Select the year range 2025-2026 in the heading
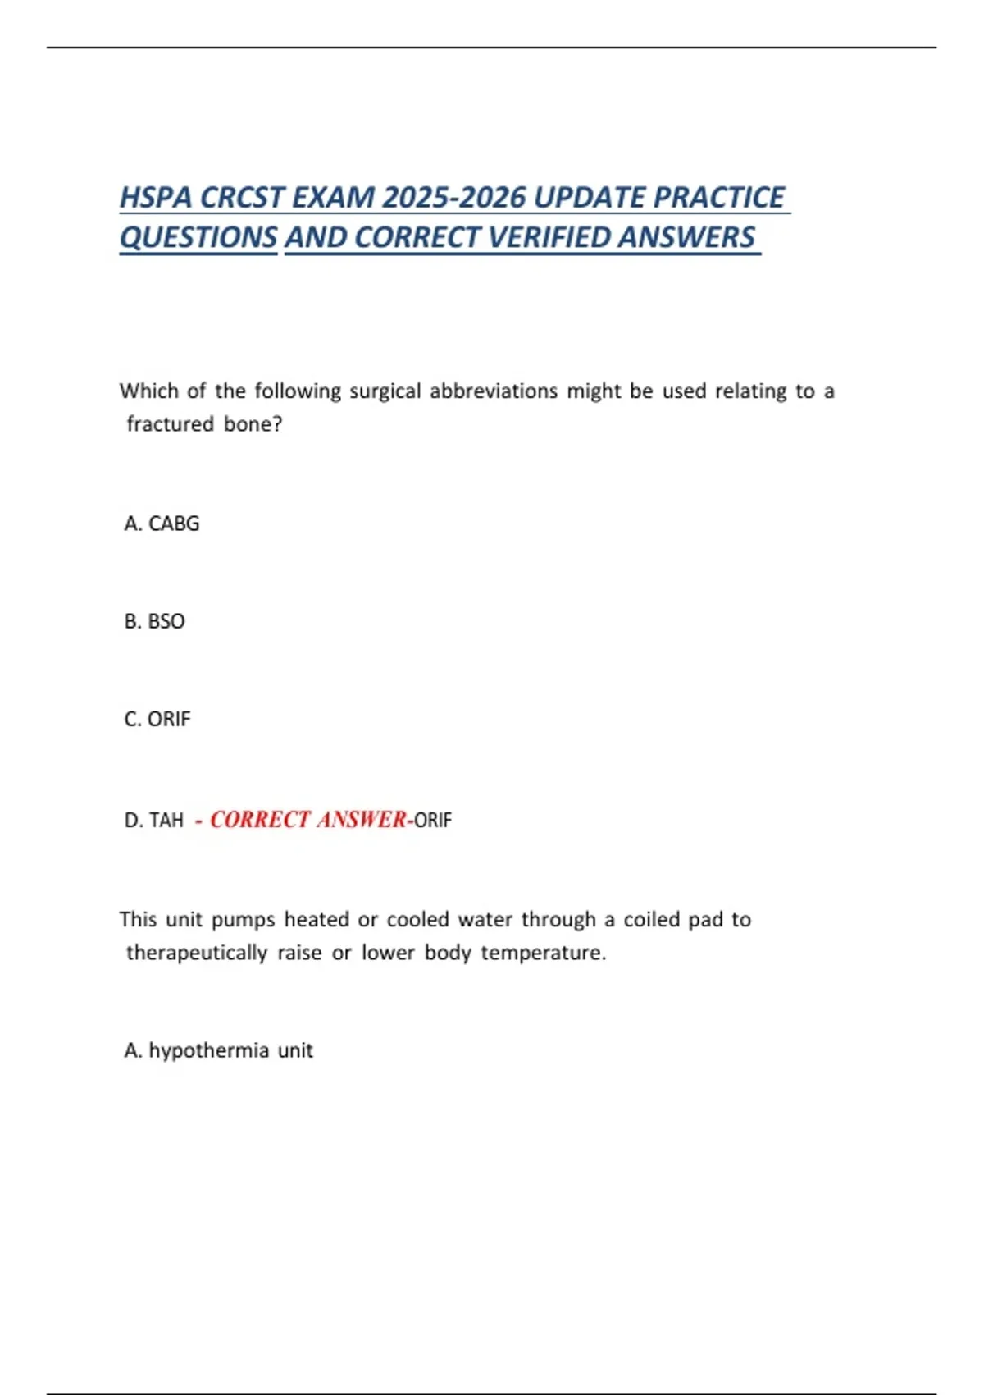(x=453, y=198)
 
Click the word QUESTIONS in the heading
(x=198, y=237)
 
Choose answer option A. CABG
(x=162, y=524)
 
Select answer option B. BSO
(x=154, y=621)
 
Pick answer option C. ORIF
(x=157, y=719)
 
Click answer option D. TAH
(x=153, y=820)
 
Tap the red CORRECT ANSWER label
(x=307, y=820)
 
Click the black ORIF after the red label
(x=433, y=820)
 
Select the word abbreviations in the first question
(x=494, y=391)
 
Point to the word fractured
(x=170, y=424)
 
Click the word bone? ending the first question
(x=253, y=424)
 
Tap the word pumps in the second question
(x=243, y=920)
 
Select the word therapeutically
(x=197, y=953)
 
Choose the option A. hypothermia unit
(x=218, y=1050)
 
